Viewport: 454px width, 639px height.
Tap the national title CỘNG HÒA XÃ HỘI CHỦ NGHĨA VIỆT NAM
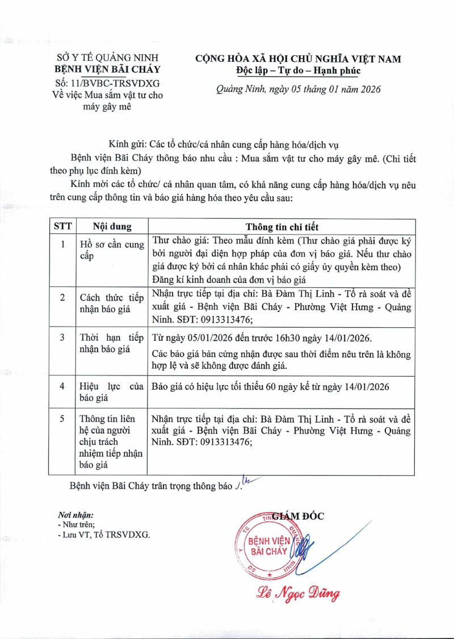299,59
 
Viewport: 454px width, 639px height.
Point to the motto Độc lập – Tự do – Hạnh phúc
298,70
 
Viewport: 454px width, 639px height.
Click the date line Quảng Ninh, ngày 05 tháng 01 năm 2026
299,89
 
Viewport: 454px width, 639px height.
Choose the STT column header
63,226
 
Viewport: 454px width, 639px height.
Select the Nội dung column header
112,226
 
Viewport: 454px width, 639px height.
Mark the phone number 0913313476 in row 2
225,319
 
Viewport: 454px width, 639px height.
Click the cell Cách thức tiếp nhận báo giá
112,303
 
